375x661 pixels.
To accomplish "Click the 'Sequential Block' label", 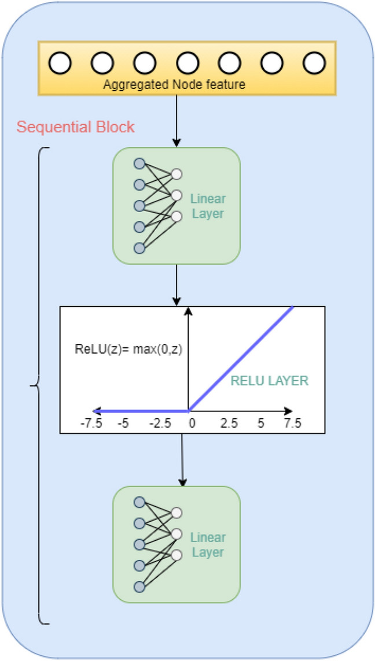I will (x=76, y=127).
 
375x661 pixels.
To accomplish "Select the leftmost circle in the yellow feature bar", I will (x=60, y=62).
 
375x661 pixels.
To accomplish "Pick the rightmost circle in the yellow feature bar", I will (x=315, y=62).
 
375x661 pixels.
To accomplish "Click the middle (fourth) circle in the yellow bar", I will (x=187, y=62).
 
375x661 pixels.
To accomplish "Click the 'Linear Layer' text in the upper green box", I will (x=208, y=206).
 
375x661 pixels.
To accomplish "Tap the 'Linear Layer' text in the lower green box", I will (x=208, y=545).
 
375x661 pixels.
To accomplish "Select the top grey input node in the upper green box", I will (x=139, y=164).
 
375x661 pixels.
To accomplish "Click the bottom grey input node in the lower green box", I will (x=139, y=586).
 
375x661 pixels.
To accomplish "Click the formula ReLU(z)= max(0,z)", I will (x=128, y=348).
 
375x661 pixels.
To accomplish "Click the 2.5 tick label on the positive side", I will (x=229, y=423).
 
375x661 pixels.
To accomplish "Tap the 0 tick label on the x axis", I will (x=192, y=423).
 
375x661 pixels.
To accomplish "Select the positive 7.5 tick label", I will (x=292, y=423).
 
